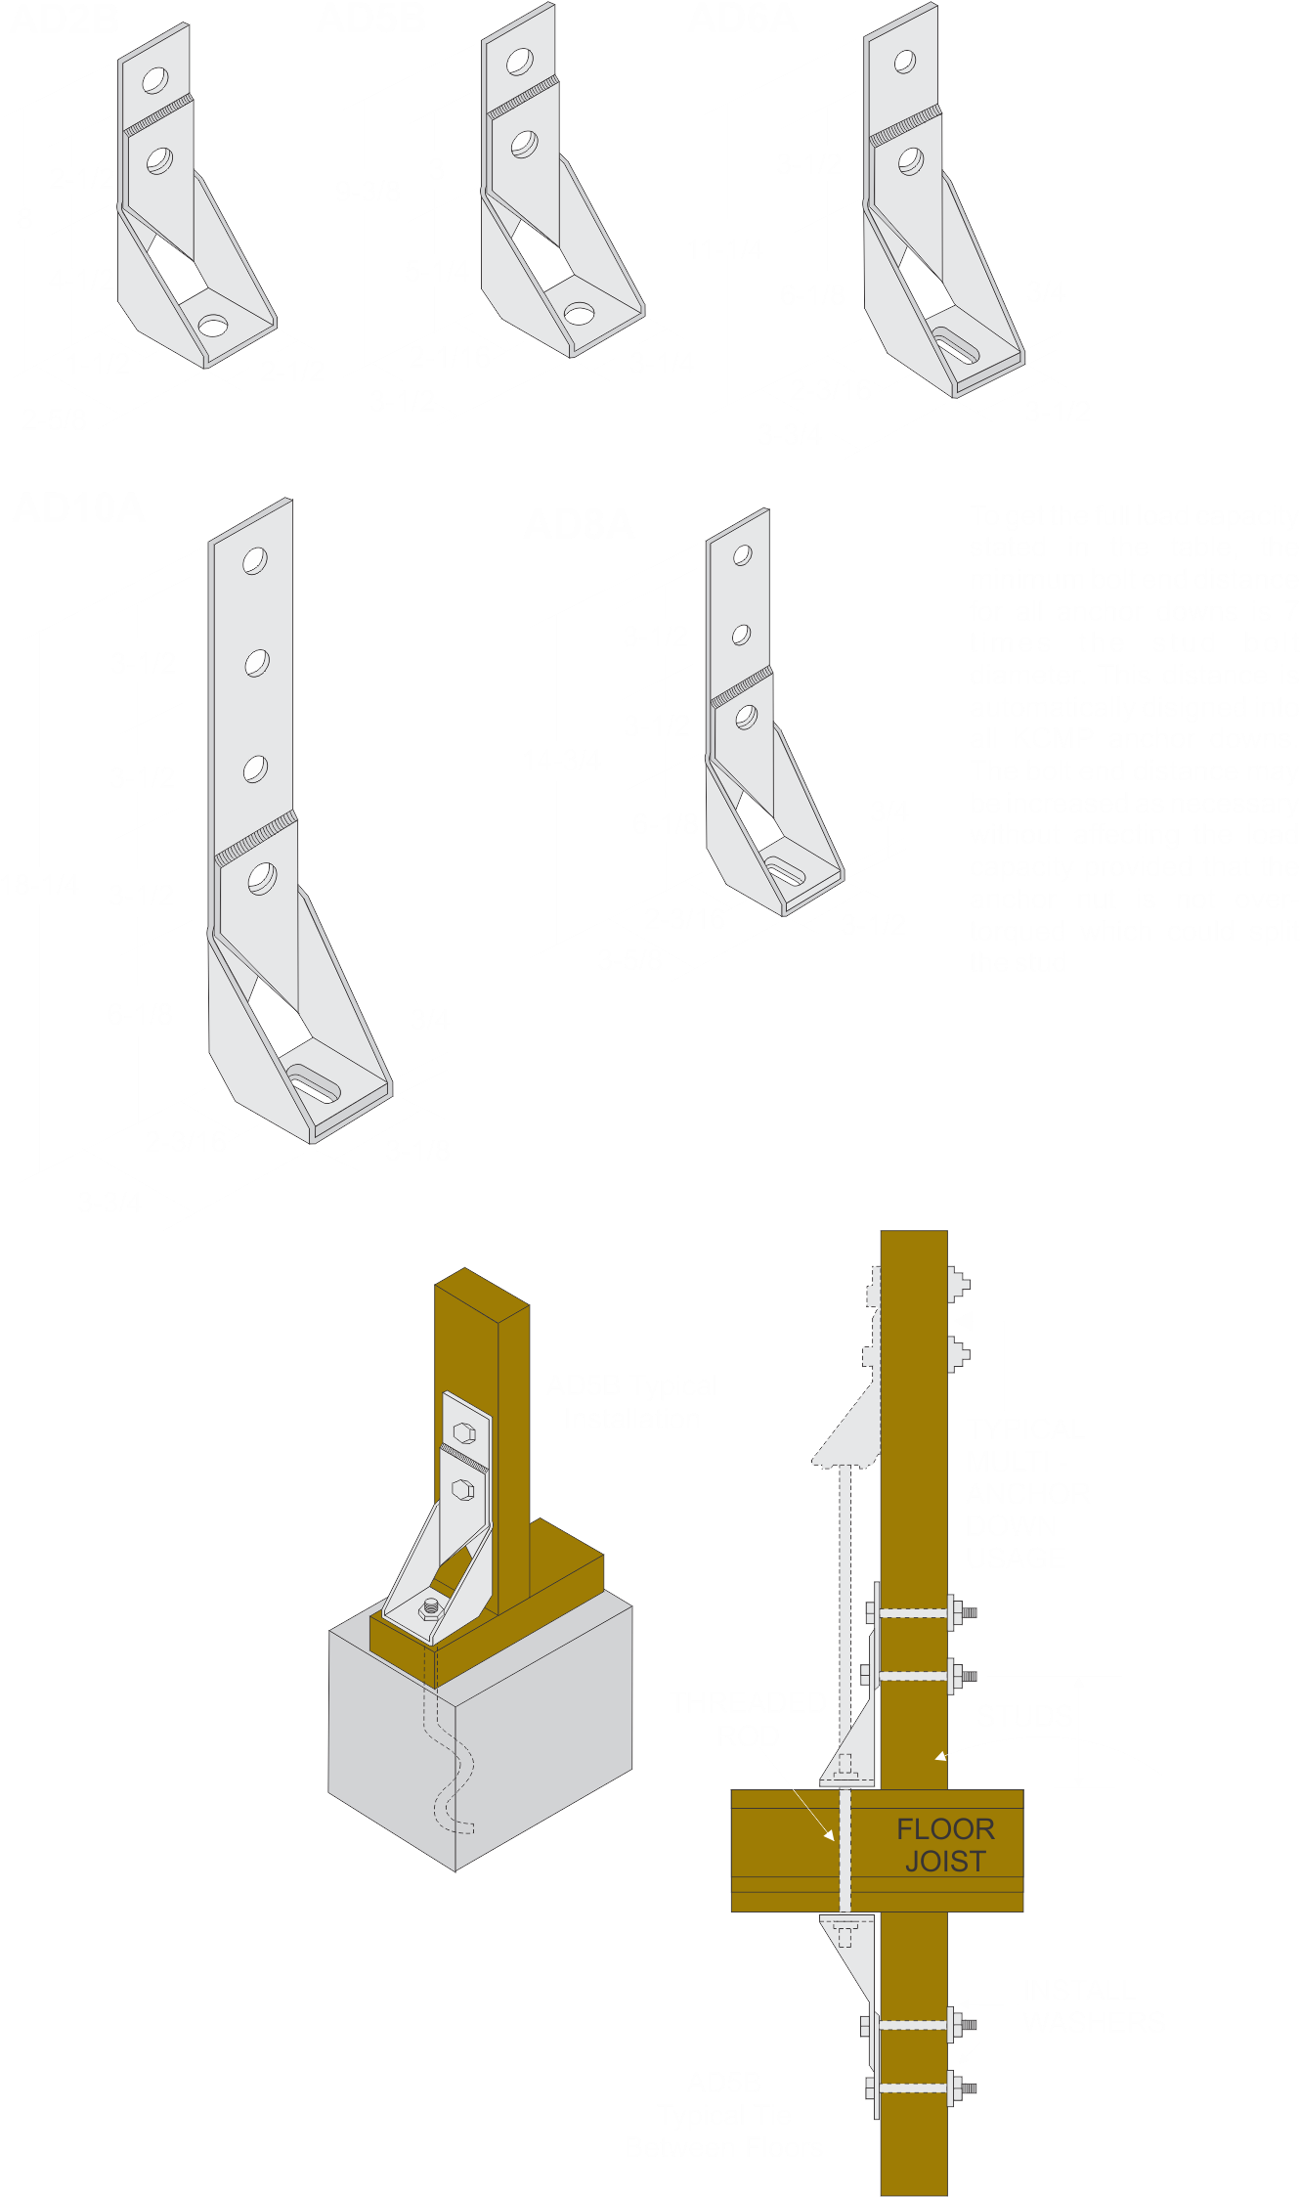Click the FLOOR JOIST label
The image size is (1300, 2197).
(x=945, y=1845)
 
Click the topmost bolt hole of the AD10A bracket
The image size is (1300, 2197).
(x=255, y=561)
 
